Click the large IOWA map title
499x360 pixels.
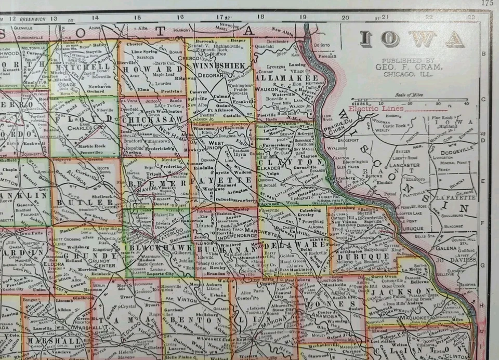(x=412, y=38)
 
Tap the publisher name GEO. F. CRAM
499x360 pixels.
(x=410, y=67)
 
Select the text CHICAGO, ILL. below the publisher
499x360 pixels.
(x=410, y=74)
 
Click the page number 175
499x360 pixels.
(x=487, y=3)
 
